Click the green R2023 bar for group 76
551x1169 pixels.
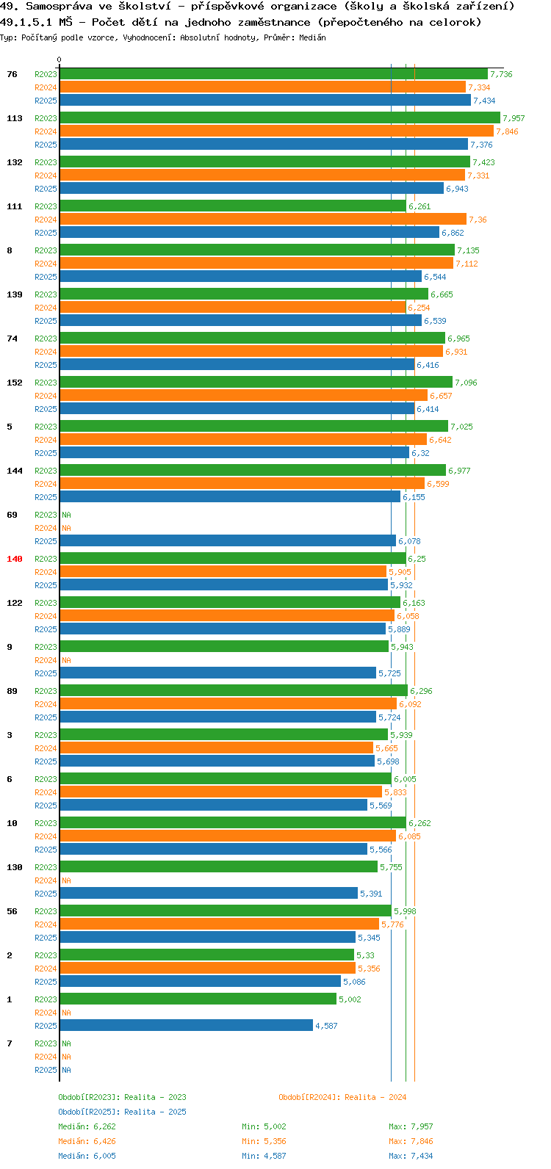pos(274,74)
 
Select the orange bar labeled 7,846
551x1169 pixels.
pos(277,131)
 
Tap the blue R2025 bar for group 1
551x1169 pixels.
pos(187,1026)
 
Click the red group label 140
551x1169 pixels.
pos(15,559)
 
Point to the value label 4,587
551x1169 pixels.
pos(326,1026)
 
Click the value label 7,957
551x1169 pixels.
pos(514,118)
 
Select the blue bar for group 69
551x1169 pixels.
pos(228,540)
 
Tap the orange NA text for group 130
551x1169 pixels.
pos(66,880)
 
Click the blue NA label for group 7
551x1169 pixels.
pos(66,1070)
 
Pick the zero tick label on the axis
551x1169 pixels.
pos(59,59)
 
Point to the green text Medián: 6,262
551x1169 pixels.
pos(87,1126)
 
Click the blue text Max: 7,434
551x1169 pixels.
pos(411,1156)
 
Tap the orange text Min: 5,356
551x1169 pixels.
pos(264,1141)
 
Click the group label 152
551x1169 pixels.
pos(15,383)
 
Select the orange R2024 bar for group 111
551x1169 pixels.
pos(263,219)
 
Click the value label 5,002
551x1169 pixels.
pos(350,999)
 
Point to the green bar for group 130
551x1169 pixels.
pos(219,866)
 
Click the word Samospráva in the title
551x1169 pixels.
pos(59,7)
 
